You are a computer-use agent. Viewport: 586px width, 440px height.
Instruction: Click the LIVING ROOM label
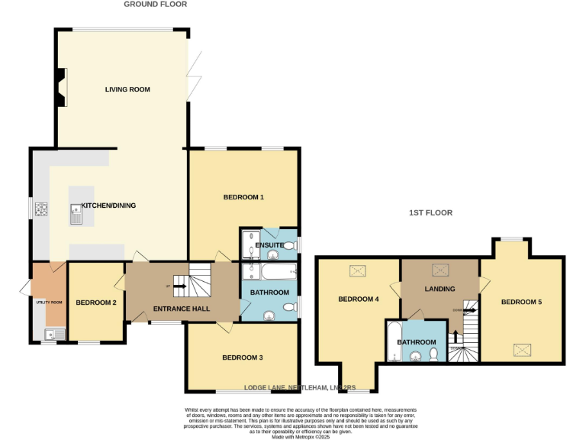pyautogui.click(x=127, y=89)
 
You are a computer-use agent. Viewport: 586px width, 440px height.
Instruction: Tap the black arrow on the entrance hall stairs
pyautogui.click(x=180, y=286)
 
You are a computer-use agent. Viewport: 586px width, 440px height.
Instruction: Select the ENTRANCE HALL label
pyautogui.click(x=182, y=309)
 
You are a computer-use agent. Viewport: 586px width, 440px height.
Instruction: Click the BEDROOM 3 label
pyautogui.click(x=243, y=357)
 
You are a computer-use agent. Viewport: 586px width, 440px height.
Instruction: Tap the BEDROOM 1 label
pyautogui.click(x=243, y=197)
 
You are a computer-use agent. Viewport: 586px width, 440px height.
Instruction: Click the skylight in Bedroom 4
pyautogui.click(x=357, y=270)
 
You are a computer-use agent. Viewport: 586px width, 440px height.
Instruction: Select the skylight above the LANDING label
pyautogui.click(x=440, y=269)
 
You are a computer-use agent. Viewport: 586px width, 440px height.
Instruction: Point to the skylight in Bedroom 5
pyautogui.click(x=522, y=350)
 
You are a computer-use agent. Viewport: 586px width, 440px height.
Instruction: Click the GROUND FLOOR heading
pyautogui.click(x=155, y=5)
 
